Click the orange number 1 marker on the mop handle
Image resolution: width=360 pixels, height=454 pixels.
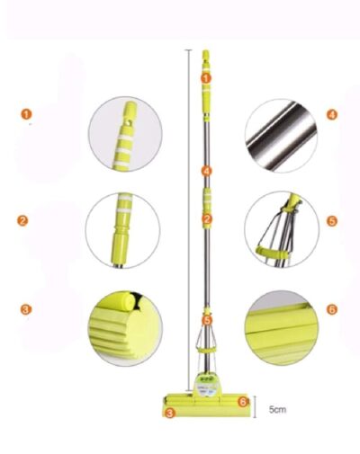click(x=206, y=78)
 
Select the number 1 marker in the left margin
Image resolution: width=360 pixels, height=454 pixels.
click(x=26, y=114)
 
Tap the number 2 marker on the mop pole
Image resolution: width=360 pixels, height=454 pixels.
click(x=207, y=219)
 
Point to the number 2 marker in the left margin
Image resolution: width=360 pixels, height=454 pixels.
click(x=22, y=221)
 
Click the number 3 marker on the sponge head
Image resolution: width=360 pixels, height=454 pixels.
click(x=170, y=414)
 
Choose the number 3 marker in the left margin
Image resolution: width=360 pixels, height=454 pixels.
click(x=25, y=309)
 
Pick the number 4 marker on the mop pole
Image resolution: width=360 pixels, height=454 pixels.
click(x=207, y=171)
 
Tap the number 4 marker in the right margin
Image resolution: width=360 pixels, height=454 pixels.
click(x=331, y=114)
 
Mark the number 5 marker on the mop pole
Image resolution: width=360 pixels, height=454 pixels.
click(x=207, y=320)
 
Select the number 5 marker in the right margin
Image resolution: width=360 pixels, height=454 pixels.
click(x=332, y=221)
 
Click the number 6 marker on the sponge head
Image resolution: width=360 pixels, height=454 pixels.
click(x=243, y=402)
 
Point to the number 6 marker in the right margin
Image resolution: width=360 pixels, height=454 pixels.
click(x=331, y=309)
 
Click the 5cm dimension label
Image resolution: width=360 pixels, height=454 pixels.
click(x=277, y=409)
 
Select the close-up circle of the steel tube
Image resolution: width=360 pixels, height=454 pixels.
click(x=281, y=136)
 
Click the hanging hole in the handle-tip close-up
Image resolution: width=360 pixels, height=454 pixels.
click(x=130, y=122)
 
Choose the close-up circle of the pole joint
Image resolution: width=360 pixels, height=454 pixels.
click(x=122, y=230)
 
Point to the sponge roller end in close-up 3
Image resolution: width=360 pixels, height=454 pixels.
click(x=127, y=302)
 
